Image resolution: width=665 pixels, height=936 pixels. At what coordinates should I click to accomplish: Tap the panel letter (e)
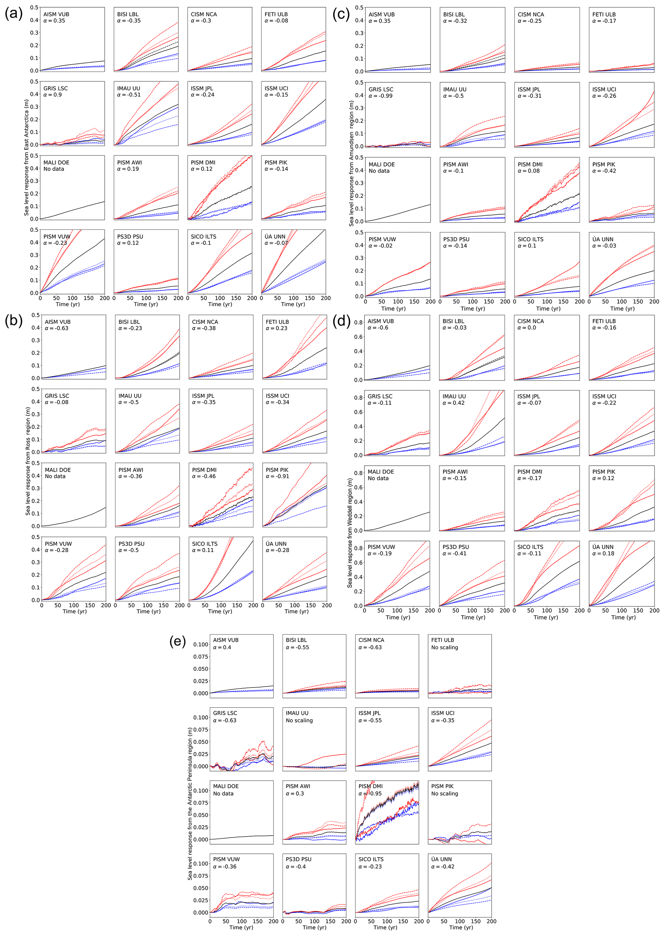(178, 641)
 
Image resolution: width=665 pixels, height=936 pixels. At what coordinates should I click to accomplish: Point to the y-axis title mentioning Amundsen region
(351, 164)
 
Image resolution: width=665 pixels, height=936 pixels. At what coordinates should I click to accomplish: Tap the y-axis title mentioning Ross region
(28, 461)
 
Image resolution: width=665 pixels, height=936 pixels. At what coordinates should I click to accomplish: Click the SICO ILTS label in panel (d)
(530, 547)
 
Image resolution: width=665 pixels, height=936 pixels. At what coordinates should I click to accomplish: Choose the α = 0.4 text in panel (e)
(222, 647)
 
